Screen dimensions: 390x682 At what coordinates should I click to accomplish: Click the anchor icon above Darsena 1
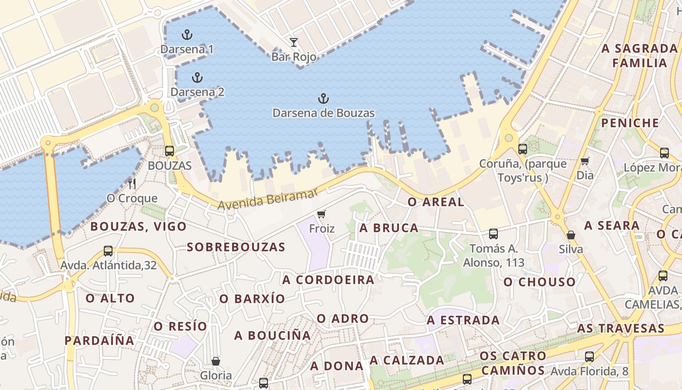(x=187, y=35)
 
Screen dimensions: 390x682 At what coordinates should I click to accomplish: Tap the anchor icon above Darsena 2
(x=197, y=78)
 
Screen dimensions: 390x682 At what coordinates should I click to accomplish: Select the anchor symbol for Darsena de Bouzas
(x=323, y=99)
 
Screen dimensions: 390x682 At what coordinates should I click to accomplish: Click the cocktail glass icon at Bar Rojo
(x=293, y=42)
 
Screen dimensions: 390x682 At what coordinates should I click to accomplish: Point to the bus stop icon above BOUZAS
(x=170, y=151)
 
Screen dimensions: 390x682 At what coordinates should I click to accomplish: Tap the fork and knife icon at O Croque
(x=132, y=184)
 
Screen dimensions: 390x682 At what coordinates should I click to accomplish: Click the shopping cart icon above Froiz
(x=321, y=214)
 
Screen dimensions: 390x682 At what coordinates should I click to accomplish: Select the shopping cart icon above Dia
(x=585, y=161)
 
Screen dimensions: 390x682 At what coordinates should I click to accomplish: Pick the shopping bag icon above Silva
(x=571, y=235)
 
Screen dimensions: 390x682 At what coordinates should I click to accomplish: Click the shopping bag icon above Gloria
(x=216, y=361)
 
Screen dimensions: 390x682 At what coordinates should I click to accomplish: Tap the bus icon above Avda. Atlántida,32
(x=108, y=251)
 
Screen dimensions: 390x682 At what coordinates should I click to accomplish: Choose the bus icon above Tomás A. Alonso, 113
(x=493, y=234)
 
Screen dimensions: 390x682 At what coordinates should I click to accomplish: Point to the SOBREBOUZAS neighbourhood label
(x=236, y=247)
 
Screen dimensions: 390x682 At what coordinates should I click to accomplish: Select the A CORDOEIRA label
(x=328, y=280)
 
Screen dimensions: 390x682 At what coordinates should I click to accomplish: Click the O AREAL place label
(x=436, y=202)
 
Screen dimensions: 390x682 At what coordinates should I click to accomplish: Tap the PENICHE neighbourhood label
(x=630, y=123)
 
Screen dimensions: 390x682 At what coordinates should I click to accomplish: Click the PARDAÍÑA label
(x=99, y=340)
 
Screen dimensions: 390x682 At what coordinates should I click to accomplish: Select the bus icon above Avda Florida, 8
(x=589, y=357)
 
